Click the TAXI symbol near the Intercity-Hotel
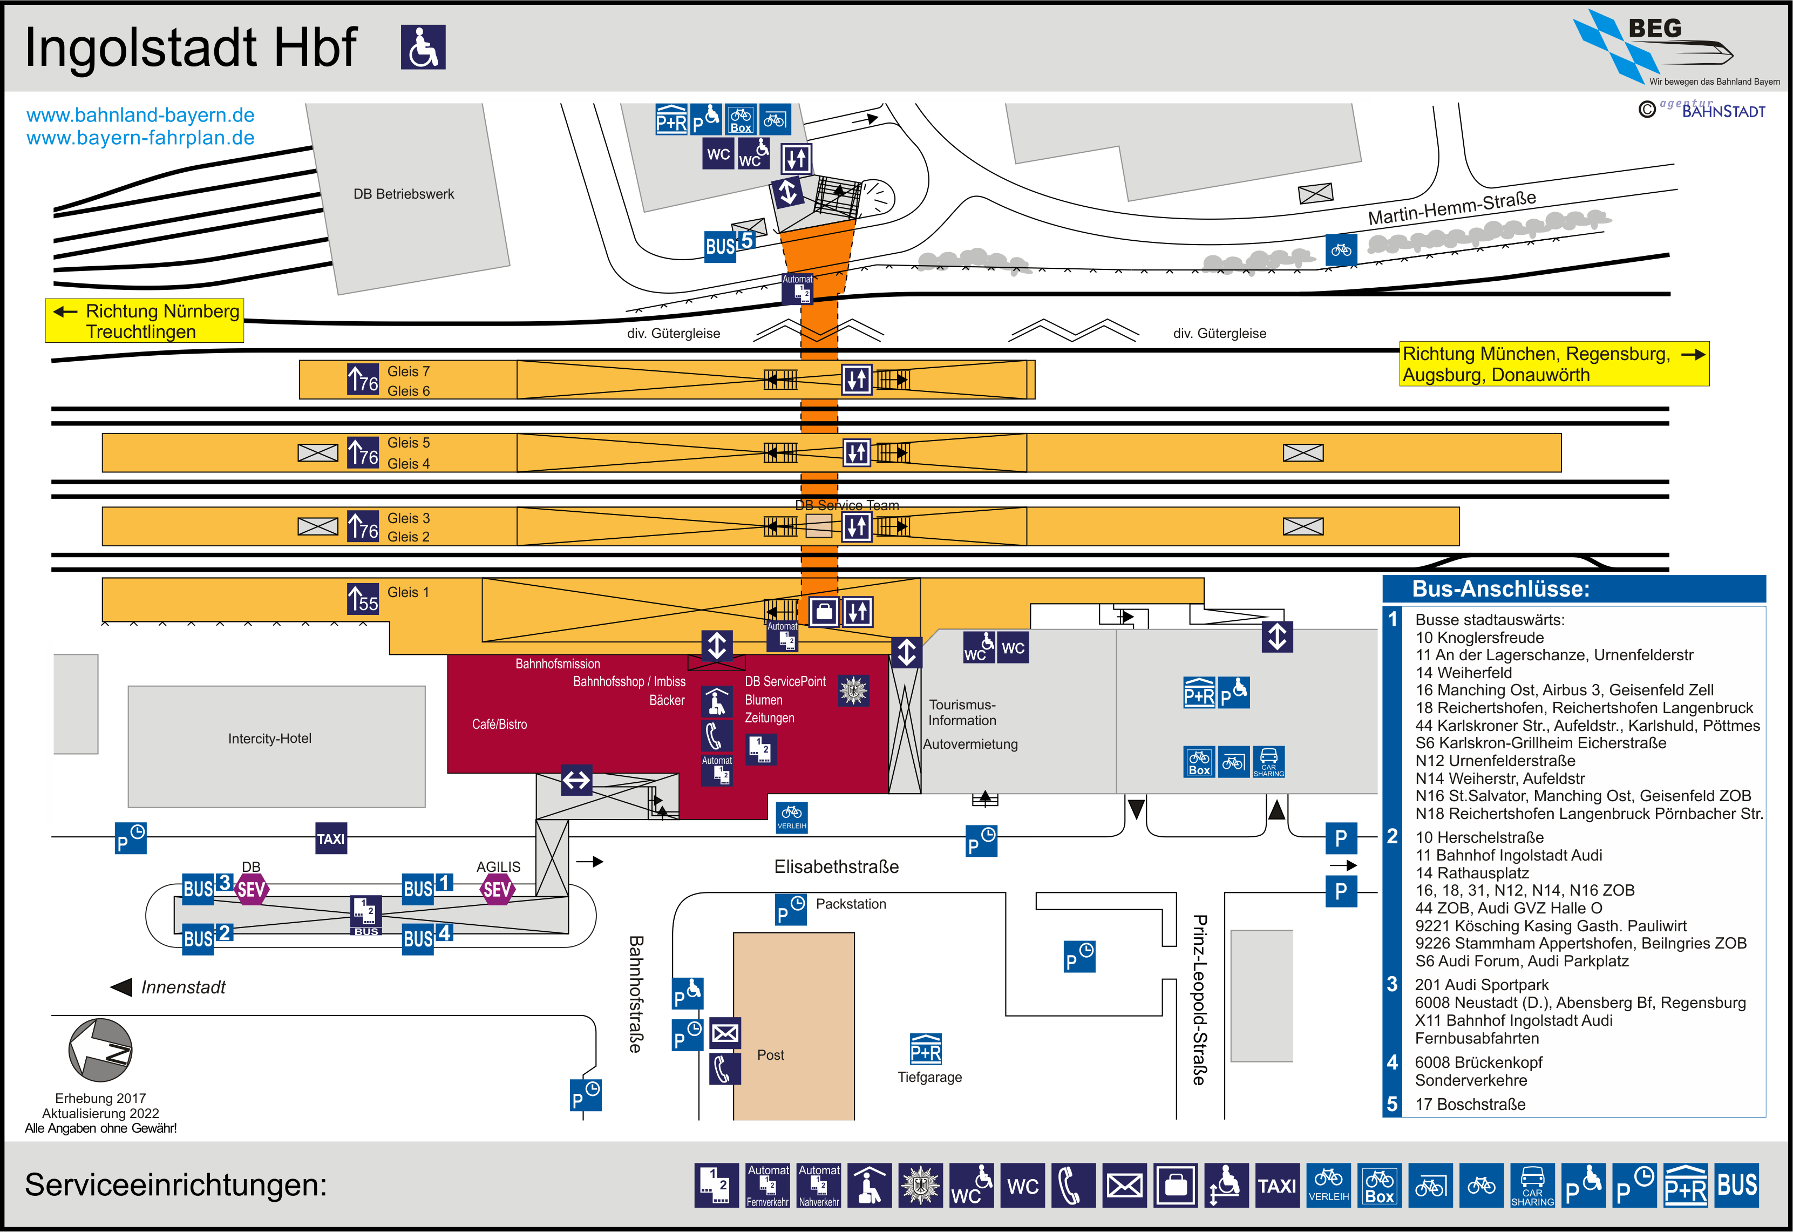[331, 839]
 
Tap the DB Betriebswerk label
[404, 194]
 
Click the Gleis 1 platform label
[407, 592]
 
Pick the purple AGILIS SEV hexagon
[497, 889]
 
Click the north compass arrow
[100, 1050]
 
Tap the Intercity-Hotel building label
[269, 739]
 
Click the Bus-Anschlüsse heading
[1500, 589]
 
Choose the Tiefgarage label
[929, 1077]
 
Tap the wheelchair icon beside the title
[423, 47]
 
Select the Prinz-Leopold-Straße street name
[1199, 1000]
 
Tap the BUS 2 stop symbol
[207, 936]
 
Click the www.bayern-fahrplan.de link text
[140, 138]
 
